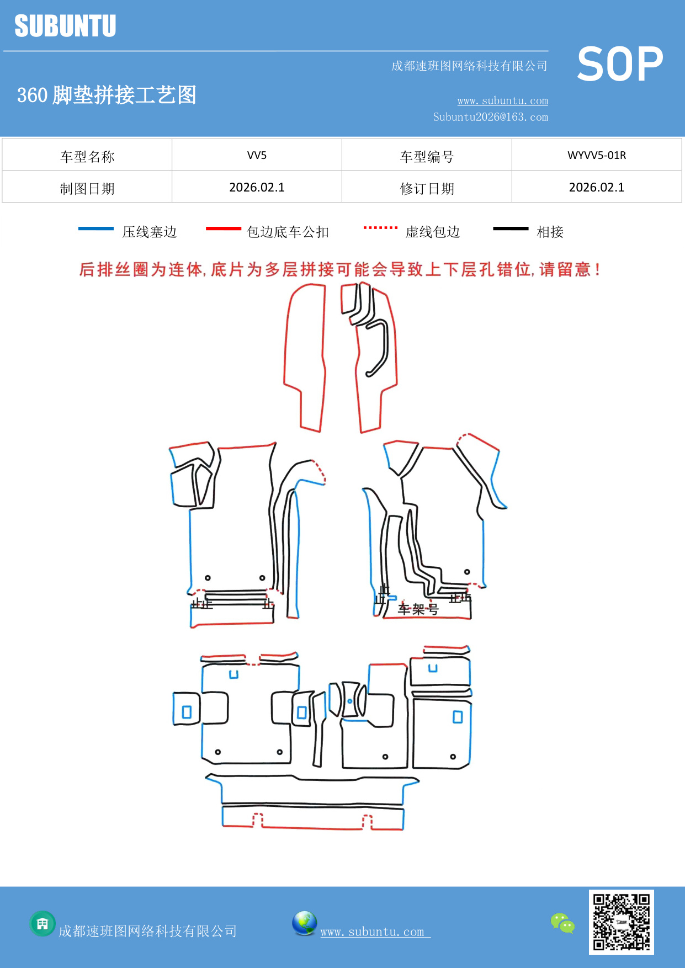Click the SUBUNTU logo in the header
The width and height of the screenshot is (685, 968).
(65, 26)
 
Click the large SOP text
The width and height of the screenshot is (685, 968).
(619, 65)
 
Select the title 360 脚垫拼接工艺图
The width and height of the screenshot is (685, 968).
(107, 95)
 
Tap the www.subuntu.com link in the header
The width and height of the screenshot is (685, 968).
(502, 100)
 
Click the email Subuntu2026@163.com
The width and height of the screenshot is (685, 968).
(490, 117)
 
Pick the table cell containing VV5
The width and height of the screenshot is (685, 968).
(257, 155)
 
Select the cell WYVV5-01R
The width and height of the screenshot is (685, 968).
(596, 155)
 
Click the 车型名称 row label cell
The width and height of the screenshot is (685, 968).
(87, 156)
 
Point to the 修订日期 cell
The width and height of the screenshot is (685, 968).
(427, 188)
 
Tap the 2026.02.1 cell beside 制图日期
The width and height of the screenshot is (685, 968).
(257, 187)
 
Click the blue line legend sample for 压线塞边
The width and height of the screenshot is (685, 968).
(95, 228)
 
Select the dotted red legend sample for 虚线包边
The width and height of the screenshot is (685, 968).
(380, 227)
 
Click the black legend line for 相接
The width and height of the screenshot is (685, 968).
(511, 228)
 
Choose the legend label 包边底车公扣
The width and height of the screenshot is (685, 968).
(288, 232)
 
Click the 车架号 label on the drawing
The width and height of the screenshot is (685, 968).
(418, 609)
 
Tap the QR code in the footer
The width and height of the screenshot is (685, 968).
(621, 922)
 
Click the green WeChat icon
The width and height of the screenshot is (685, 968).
(562, 923)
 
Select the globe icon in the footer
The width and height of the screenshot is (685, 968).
(304, 923)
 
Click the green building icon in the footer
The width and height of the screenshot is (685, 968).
(43, 923)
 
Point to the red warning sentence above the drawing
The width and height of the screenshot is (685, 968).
(339, 269)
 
